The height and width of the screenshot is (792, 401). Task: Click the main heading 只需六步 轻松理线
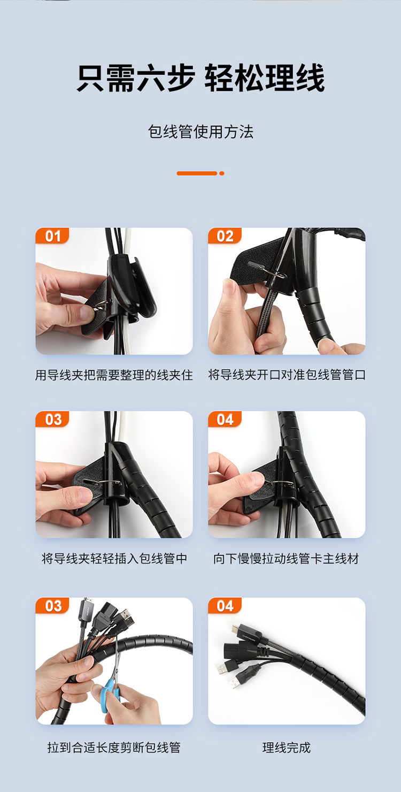point(200,78)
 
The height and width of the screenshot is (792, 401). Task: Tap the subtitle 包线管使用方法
point(200,132)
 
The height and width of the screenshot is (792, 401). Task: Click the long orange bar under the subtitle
point(197,173)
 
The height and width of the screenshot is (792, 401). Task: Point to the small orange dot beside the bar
point(222,173)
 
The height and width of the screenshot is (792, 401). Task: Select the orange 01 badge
point(52,236)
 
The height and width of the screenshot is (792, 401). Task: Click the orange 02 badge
point(225,236)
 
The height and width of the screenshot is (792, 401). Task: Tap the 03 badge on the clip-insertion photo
point(52,420)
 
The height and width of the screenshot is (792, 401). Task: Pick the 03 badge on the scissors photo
point(52,606)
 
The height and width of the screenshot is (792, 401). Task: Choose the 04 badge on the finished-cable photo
point(225,606)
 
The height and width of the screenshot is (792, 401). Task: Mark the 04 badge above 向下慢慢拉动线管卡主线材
point(225,420)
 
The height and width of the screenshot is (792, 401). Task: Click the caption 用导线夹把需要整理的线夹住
point(114,375)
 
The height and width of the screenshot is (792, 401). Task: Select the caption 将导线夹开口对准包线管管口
point(287,375)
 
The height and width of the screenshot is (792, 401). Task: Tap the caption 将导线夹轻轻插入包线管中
point(114,559)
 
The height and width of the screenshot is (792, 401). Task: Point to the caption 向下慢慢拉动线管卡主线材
point(286,559)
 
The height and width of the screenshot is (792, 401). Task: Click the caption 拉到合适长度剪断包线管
point(114,748)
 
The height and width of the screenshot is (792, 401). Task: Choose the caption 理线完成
point(287,748)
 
